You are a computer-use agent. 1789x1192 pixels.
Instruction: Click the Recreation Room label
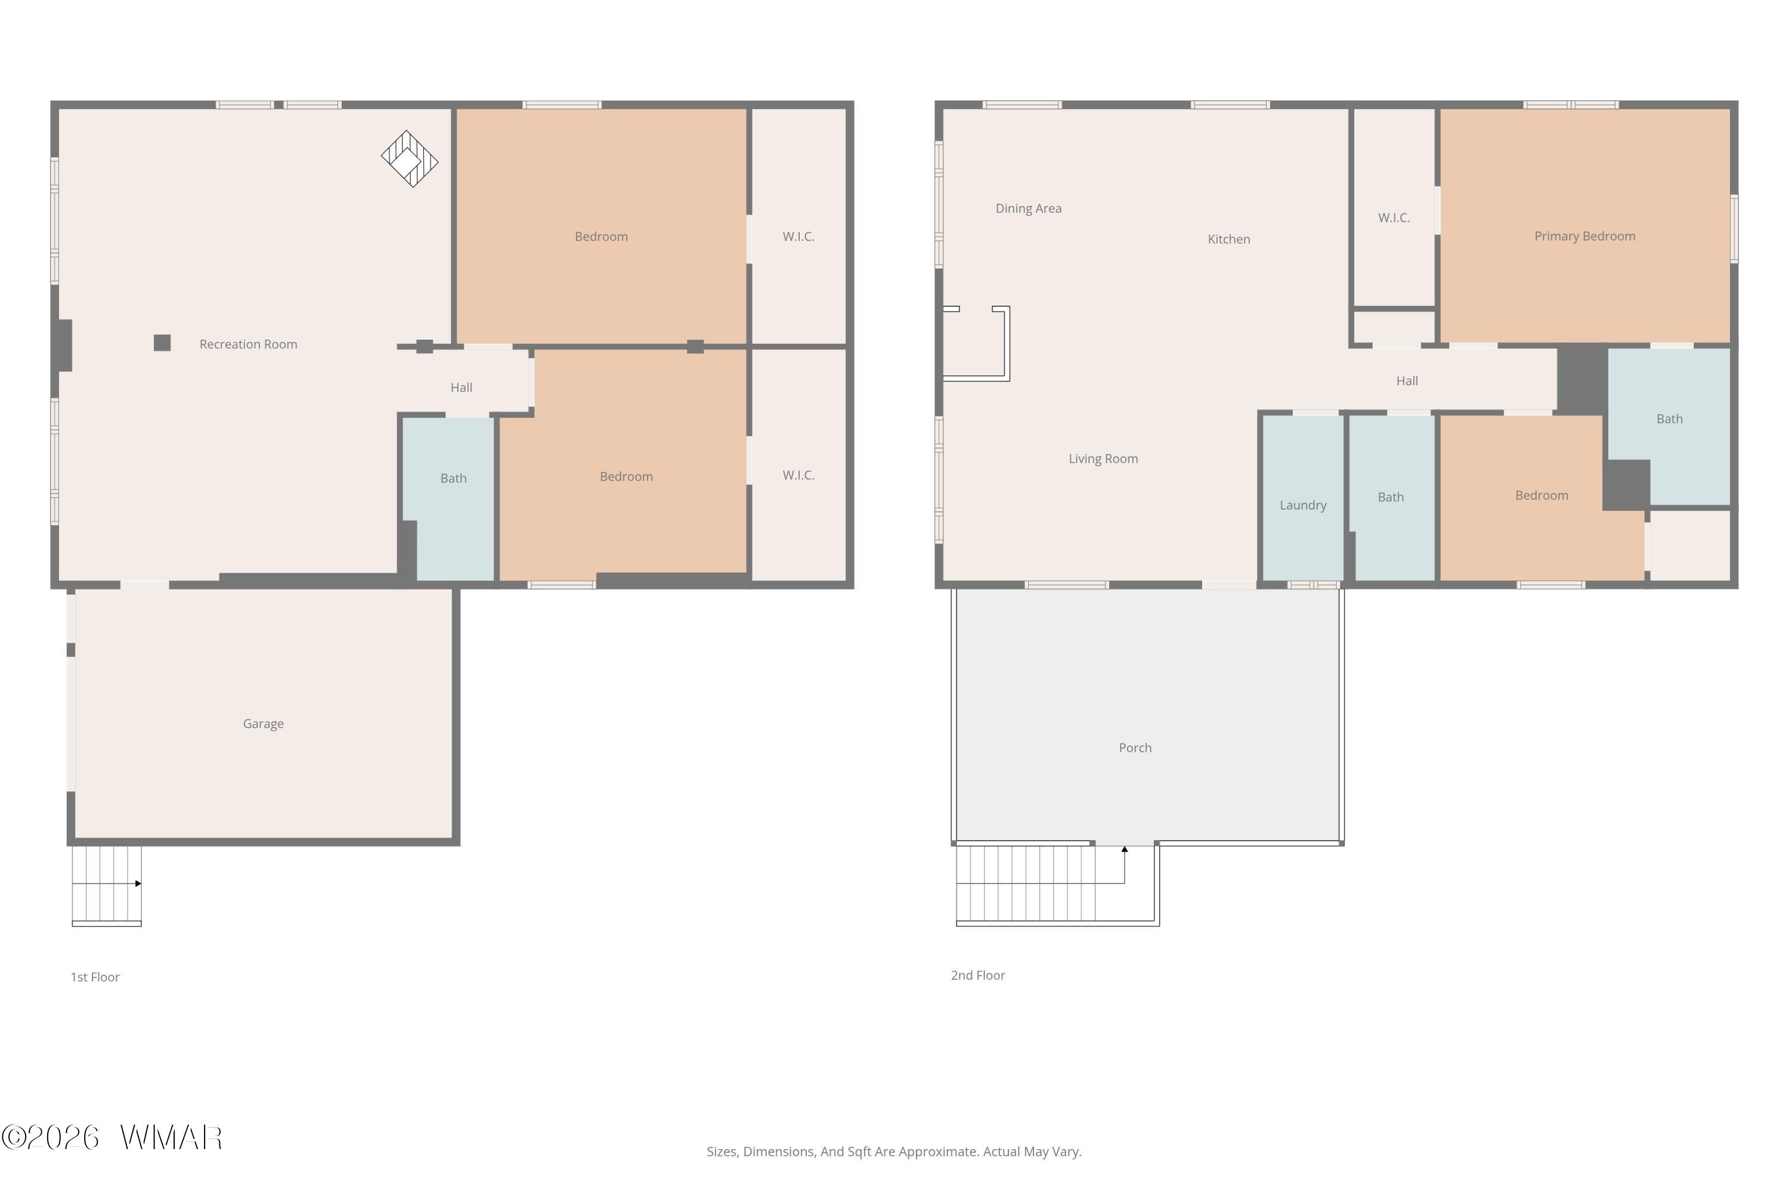248,344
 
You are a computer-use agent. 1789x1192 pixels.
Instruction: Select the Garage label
263,724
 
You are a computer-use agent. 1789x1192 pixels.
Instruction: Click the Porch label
1135,748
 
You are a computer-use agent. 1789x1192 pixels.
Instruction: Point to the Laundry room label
1303,505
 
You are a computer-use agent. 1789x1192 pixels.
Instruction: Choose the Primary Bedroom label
1584,237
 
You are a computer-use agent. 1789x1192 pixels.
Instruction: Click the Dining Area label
1028,208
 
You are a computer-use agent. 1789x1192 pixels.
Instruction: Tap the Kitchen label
1228,240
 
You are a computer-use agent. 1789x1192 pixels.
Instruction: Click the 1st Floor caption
95,977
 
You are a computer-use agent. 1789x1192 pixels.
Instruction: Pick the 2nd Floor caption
977,975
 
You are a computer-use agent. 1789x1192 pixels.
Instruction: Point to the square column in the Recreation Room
162,343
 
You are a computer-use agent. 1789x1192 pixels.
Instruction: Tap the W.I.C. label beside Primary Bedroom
1394,218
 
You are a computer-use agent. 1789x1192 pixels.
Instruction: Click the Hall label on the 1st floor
461,388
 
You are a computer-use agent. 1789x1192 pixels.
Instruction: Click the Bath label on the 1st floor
453,478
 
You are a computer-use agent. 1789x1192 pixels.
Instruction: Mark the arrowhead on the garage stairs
138,883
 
